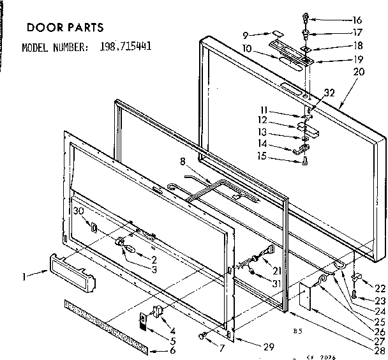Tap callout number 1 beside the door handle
(x=24, y=276)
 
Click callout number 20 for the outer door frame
(x=359, y=71)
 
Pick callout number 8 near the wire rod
(x=165, y=161)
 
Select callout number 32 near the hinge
(x=329, y=93)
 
